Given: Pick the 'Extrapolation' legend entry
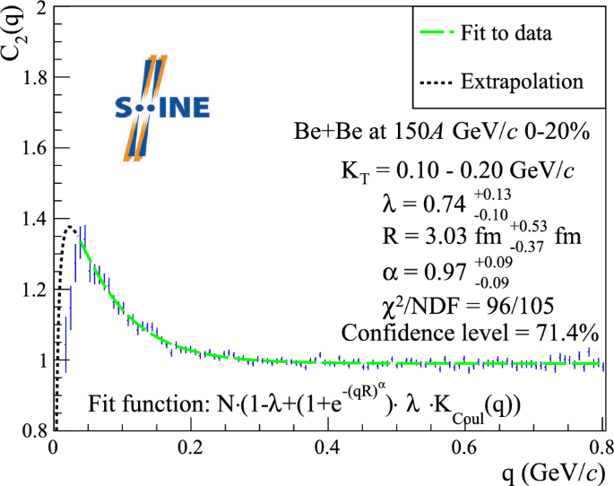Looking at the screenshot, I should pyautogui.click(x=522, y=82).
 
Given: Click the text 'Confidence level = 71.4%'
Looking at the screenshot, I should pyautogui.click(x=471, y=333).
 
